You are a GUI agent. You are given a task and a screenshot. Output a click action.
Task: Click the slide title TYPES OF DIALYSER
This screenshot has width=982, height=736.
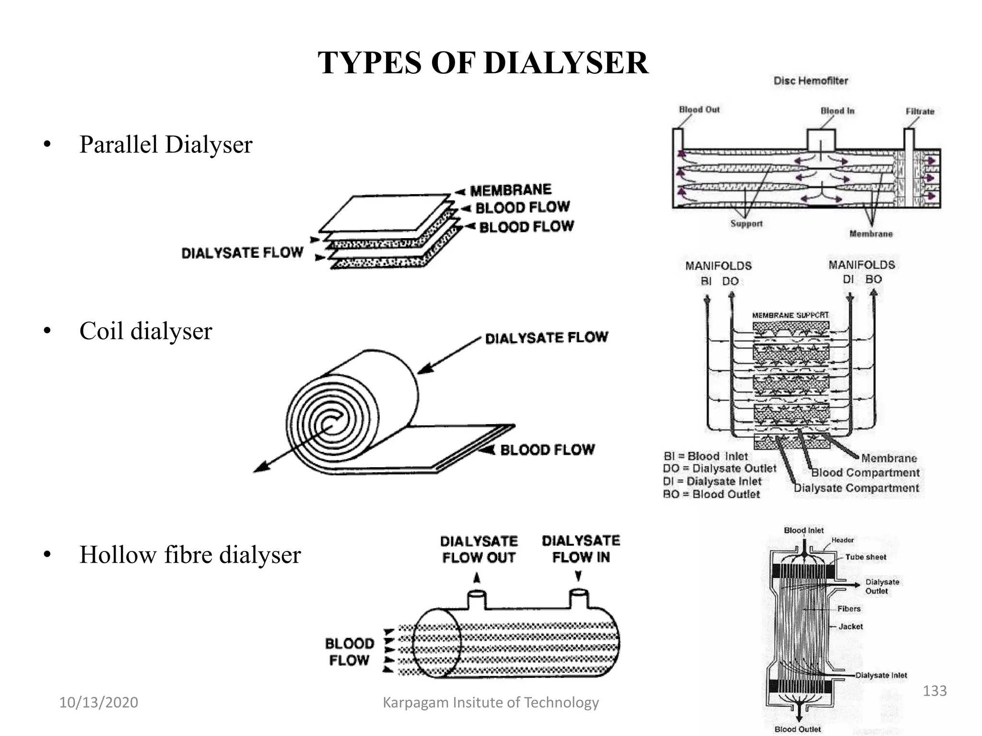click(483, 63)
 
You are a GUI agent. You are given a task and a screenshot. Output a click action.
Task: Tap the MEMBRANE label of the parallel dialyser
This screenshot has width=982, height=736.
click(511, 190)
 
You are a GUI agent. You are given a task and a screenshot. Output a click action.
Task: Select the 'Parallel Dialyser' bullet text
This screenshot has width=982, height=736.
click(165, 144)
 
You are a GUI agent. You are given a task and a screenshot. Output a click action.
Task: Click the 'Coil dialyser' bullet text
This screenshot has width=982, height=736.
click(145, 331)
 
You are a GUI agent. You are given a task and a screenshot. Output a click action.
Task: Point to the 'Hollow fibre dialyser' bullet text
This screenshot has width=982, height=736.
click(190, 554)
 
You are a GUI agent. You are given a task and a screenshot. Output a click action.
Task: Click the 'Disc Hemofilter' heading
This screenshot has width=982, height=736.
click(810, 80)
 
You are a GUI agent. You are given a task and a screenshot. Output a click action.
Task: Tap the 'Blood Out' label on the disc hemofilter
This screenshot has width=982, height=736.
click(699, 110)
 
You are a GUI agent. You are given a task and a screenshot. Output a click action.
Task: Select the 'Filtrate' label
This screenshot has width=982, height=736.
click(920, 111)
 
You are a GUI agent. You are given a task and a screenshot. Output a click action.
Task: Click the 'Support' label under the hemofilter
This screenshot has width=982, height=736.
click(746, 223)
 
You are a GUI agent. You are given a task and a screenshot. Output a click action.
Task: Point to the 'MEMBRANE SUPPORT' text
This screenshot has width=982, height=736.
click(790, 315)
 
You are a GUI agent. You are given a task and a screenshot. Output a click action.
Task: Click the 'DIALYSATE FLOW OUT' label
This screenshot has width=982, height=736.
click(479, 549)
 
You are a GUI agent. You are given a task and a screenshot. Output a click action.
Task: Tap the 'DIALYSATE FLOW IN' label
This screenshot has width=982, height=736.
click(581, 549)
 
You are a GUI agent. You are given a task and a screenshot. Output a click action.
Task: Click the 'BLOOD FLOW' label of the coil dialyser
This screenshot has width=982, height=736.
click(547, 449)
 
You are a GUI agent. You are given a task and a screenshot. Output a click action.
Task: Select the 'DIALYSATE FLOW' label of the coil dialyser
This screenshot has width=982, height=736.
click(546, 338)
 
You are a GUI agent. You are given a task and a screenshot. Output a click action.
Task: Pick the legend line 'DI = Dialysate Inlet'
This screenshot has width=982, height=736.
click(712, 481)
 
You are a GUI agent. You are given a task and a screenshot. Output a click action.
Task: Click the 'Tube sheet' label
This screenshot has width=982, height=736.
click(865, 557)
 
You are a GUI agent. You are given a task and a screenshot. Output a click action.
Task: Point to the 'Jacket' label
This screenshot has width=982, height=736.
click(850, 626)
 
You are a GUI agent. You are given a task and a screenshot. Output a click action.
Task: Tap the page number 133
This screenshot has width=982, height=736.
click(935, 690)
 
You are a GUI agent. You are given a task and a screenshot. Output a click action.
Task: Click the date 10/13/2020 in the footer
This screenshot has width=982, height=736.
click(98, 702)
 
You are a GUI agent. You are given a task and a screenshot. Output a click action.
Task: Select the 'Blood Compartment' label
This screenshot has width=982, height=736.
click(865, 472)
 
